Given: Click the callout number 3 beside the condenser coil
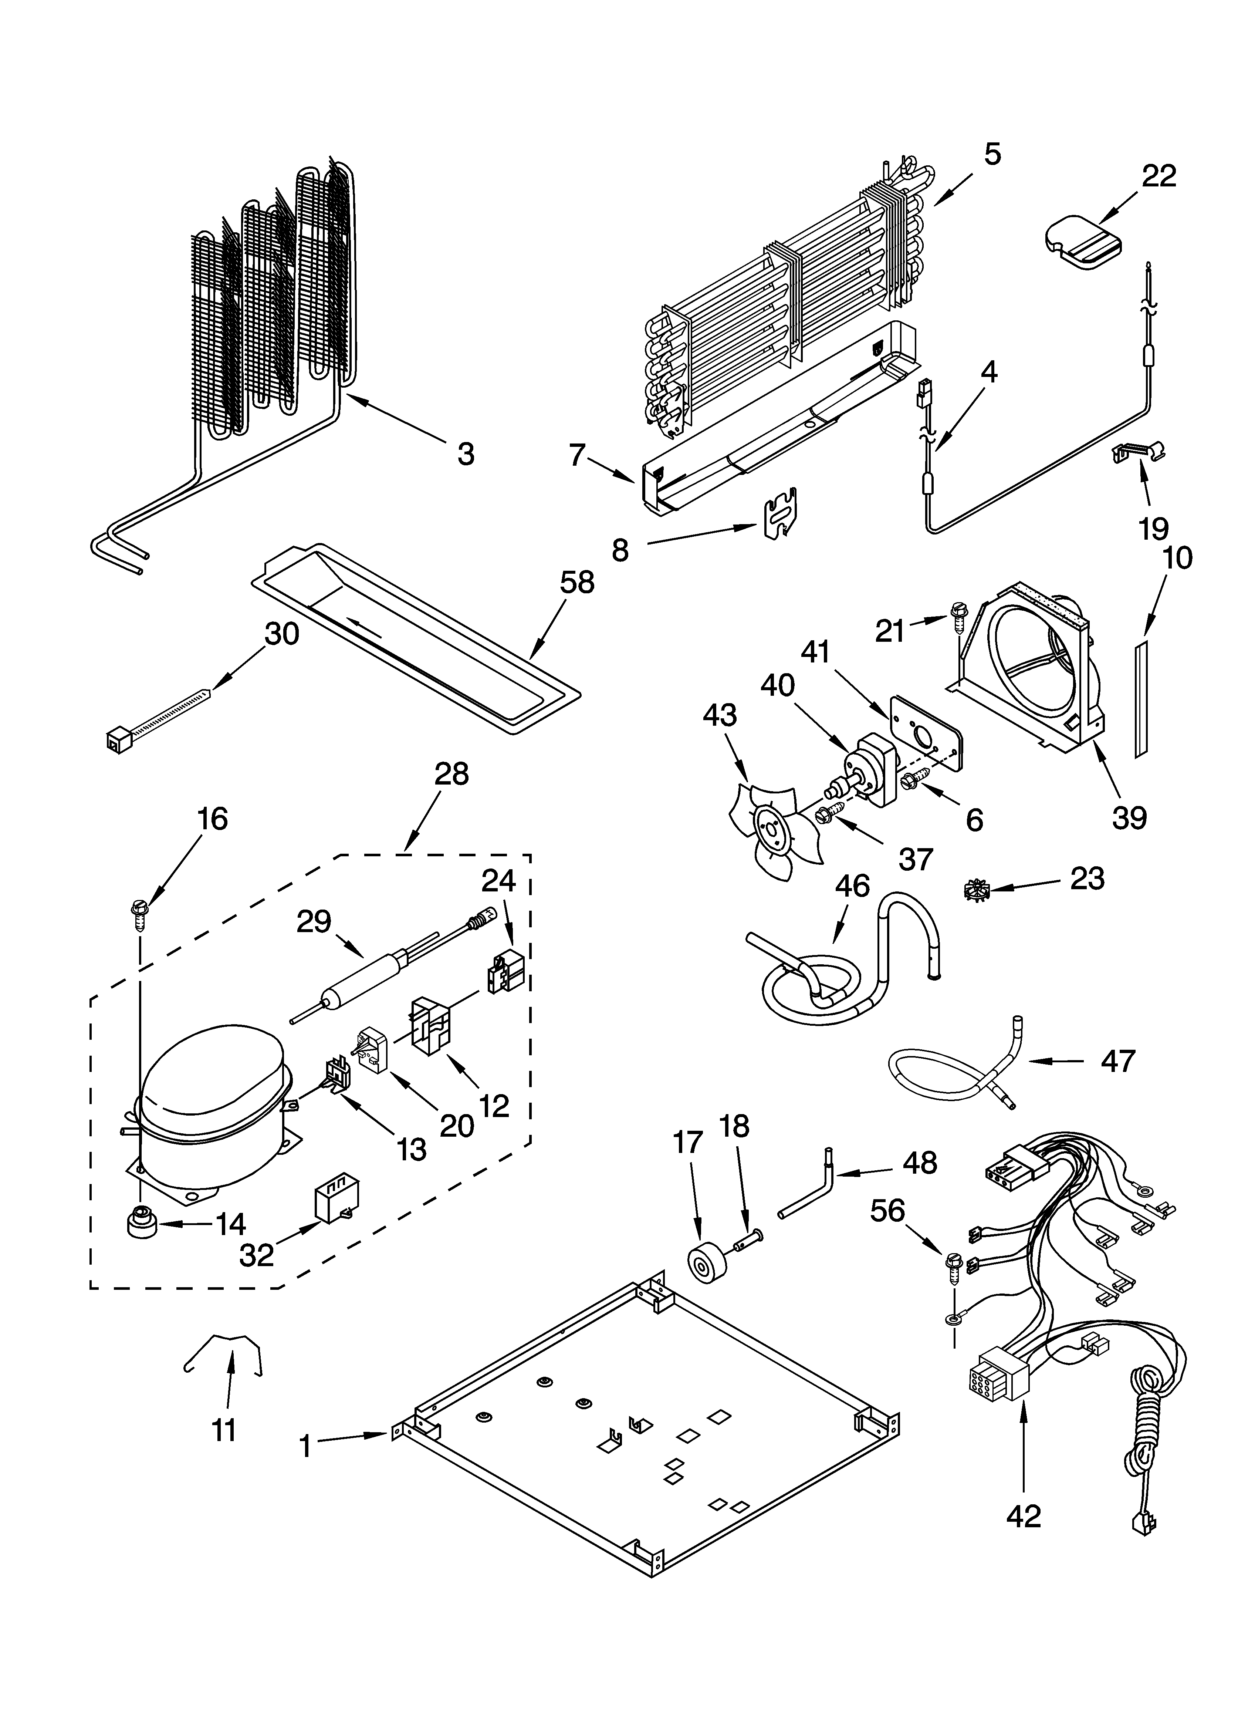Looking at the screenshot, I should click(466, 454).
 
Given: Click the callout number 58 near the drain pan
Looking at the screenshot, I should click(577, 583).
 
